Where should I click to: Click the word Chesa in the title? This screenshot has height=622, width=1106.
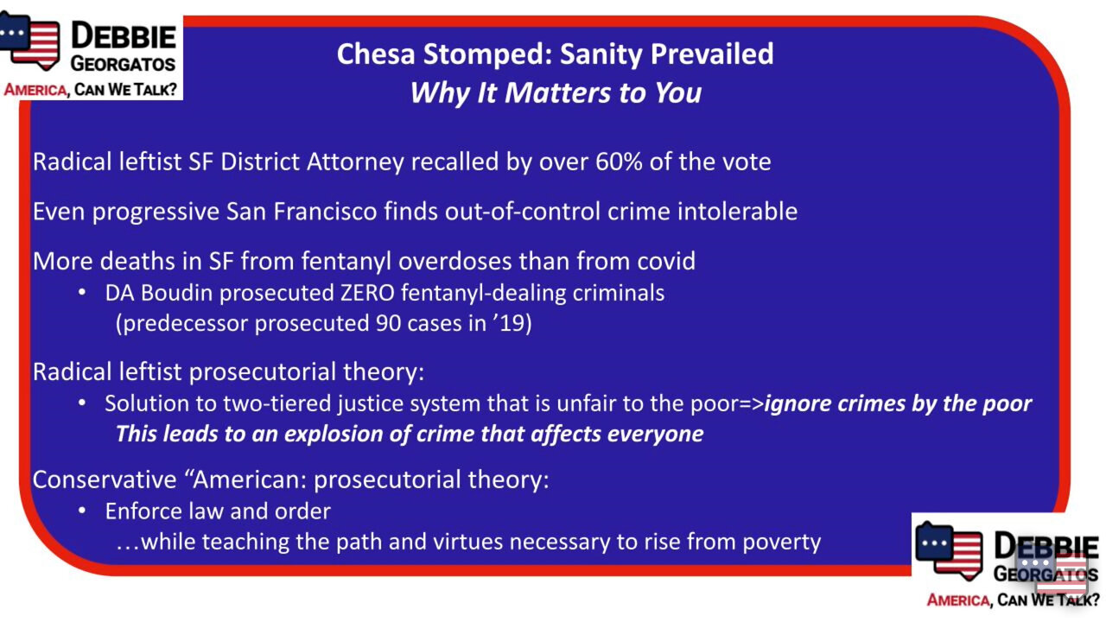point(376,54)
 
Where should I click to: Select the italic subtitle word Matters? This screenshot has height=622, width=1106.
point(557,92)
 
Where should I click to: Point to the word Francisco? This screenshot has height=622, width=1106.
point(325,212)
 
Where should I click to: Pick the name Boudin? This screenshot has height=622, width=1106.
point(177,293)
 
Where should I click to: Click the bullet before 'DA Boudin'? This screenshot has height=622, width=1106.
point(82,293)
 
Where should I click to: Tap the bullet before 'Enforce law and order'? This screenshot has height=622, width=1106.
point(82,511)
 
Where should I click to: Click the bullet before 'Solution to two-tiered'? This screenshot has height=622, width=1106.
point(82,403)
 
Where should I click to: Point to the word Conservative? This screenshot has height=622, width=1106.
point(105,479)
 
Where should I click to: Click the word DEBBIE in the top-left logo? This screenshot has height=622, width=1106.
point(124,36)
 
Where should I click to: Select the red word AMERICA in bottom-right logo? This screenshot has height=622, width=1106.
point(958,600)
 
